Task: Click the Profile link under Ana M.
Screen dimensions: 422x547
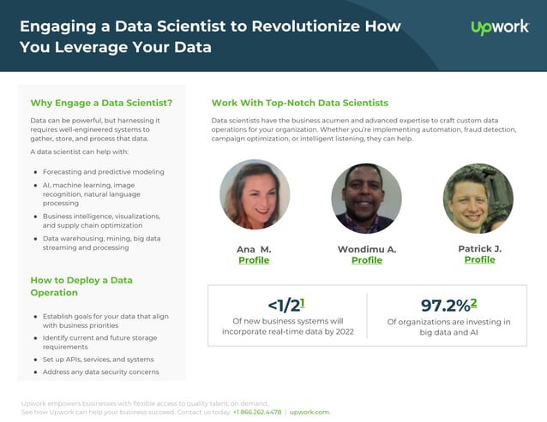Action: click(x=254, y=260)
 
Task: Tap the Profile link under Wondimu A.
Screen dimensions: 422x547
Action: click(x=367, y=260)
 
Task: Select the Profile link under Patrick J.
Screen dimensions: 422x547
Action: click(x=479, y=259)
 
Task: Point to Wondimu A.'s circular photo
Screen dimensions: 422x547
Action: click(x=366, y=199)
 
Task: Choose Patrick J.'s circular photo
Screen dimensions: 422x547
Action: click(x=478, y=198)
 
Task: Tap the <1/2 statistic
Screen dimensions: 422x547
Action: click(x=285, y=306)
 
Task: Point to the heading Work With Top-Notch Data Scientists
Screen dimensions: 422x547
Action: click(x=299, y=103)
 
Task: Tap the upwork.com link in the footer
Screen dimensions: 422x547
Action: click(x=310, y=412)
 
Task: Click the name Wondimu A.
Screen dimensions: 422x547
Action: click(x=367, y=249)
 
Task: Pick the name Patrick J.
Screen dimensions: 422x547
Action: click(x=479, y=248)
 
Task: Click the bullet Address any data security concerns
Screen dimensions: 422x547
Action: click(x=100, y=372)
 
